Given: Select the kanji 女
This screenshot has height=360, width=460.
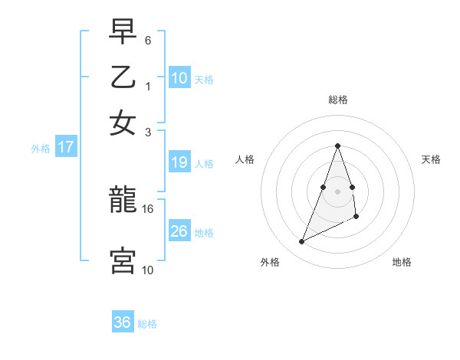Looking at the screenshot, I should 123,123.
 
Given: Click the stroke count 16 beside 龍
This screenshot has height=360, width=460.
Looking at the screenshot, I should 148,208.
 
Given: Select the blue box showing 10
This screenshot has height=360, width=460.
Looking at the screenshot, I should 179,77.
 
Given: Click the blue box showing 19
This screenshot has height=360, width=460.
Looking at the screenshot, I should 179,162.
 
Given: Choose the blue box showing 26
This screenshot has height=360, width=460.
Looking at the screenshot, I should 179,231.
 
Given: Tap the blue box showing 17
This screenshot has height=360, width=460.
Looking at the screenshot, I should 65,147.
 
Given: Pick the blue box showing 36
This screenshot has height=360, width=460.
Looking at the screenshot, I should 123,322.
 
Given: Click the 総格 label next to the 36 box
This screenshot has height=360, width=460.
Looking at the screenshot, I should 147,324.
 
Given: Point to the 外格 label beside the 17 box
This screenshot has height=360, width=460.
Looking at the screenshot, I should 41,149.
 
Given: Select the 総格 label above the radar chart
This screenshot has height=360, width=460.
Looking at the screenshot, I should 337,100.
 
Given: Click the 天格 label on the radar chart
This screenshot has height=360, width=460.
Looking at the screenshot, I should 432,159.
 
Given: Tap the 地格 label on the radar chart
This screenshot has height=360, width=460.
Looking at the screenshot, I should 402,263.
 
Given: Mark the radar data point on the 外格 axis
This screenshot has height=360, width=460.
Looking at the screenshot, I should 301,242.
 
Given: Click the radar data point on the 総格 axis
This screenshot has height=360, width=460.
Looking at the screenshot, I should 337,146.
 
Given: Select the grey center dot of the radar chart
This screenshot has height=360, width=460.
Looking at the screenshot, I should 337,191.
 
